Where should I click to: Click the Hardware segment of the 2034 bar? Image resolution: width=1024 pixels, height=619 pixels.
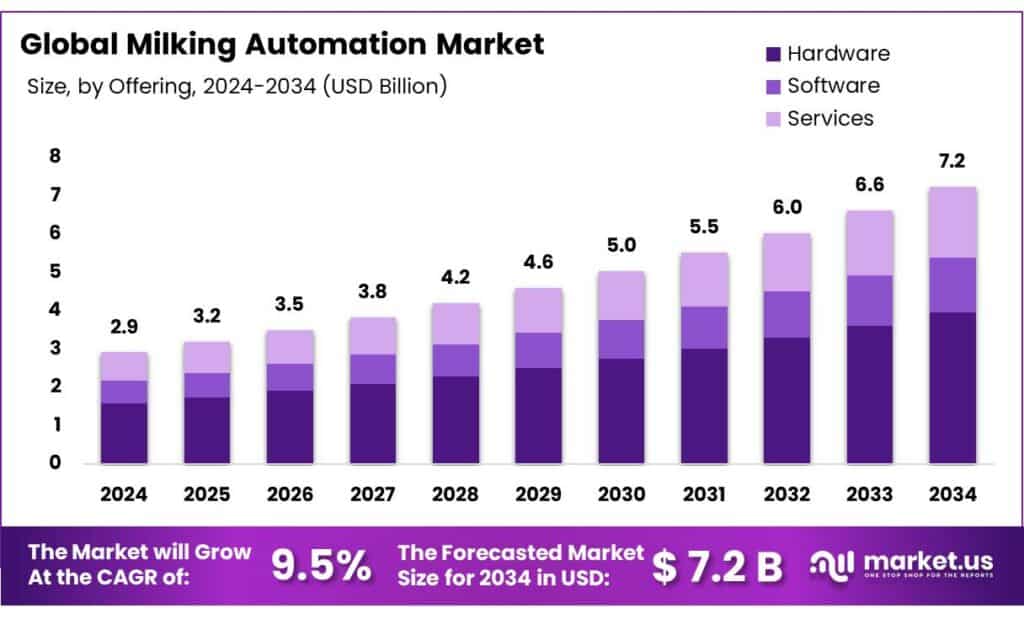(x=953, y=388)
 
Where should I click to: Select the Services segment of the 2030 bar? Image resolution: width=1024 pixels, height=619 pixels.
(x=621, y=295)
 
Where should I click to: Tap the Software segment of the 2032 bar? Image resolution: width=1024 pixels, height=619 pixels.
(x=787, y=314)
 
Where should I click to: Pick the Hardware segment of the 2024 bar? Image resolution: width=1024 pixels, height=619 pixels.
(x=124, y=432)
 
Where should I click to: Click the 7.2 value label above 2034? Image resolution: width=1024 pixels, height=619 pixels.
(x=953, y=161)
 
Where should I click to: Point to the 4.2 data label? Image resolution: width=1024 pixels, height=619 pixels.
(x=455, y=278)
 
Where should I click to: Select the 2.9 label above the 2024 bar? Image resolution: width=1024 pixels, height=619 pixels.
(x=124, y=327)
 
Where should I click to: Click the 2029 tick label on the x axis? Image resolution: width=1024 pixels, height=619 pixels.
(x=538, y=494)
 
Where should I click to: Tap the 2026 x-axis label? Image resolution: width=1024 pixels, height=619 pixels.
(x=290, y=494)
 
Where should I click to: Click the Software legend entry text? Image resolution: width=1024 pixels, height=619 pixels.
(x=833, y=86)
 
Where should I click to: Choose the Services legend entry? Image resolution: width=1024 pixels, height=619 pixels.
(x=830, y=118)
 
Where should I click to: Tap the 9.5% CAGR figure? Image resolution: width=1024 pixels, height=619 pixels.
(x=321, y=566)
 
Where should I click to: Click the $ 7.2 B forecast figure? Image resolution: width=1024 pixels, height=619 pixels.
(x=717, y=567)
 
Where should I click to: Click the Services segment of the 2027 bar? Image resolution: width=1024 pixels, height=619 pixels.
(x=373, y=335)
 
